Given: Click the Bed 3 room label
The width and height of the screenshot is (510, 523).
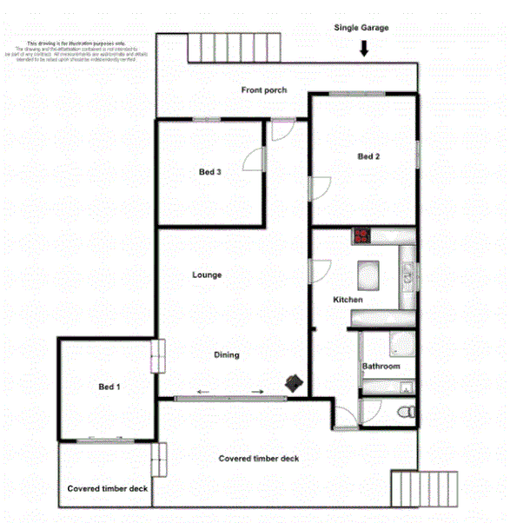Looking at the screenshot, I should [x=209, y=172].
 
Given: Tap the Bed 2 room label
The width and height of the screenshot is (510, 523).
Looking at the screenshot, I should [x=369, y=156].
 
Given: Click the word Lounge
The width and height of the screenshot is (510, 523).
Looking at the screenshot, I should [x=207, y=275].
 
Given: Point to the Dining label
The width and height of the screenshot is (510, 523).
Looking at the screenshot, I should [x=227, y=354].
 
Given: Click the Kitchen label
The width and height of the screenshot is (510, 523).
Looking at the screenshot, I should [x=348, y=300].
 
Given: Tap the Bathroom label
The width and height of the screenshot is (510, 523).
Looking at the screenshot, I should [x=381, y=367].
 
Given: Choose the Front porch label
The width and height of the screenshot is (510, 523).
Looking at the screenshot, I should [x=263, y=90].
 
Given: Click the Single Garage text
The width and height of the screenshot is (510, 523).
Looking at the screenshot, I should [x=361, y=28].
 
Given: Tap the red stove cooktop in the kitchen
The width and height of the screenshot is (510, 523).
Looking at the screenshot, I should [x=361, y=235].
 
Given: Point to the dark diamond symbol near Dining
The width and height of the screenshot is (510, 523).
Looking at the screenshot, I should [x=295, y=382].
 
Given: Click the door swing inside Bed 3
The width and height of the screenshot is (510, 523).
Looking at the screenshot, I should [x=252, y=160].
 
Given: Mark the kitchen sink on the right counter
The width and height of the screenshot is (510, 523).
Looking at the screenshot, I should [x=407, y=276].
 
